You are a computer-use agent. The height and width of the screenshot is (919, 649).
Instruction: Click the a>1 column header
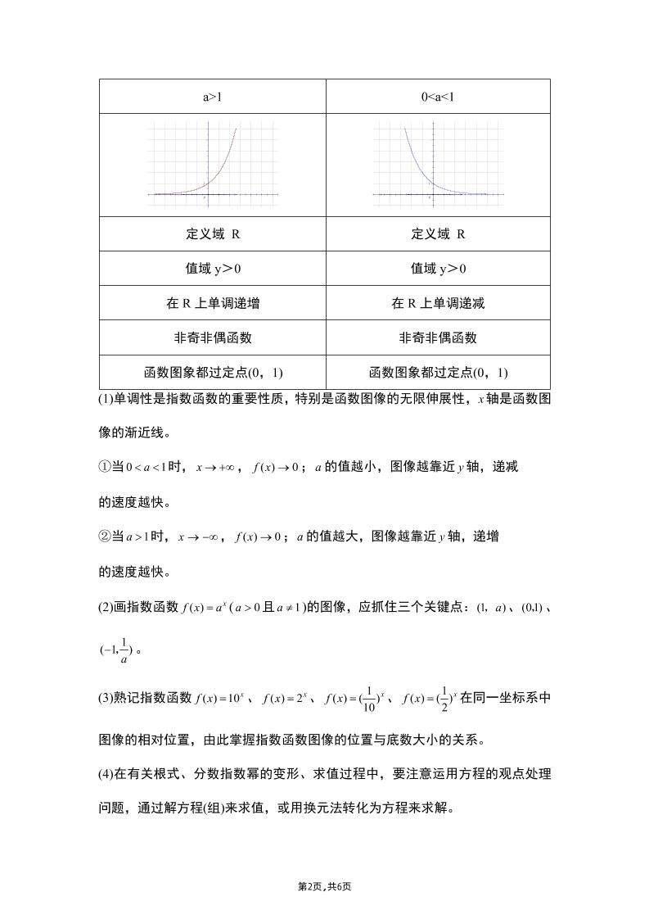tap(212, 97)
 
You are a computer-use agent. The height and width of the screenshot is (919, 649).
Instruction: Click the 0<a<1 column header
tap(438, 97)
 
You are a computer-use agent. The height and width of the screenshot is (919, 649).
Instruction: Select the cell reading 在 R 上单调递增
tap(212, 303)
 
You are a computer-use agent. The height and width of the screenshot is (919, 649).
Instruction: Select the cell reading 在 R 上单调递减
tap(438, 303)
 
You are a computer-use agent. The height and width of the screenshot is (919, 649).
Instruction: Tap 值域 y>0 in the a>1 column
tap(212, 269)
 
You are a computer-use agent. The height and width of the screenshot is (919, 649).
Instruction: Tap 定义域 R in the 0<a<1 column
tap(438, 234)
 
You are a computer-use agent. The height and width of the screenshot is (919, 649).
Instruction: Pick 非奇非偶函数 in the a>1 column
tap(212, 337)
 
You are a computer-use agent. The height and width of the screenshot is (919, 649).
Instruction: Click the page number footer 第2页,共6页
tap(324, 887)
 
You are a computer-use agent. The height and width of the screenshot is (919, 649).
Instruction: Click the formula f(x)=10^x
tap(220, 699)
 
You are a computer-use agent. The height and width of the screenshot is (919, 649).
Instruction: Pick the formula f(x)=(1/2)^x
tap(427, 699)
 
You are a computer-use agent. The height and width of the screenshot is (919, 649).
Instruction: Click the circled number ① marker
tap(103, 467)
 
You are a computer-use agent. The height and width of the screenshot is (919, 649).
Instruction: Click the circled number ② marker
tap(103, 537)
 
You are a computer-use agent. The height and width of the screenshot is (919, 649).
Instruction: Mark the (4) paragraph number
tap(106, 774)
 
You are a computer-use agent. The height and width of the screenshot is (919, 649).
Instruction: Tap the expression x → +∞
tap(215, 467)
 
